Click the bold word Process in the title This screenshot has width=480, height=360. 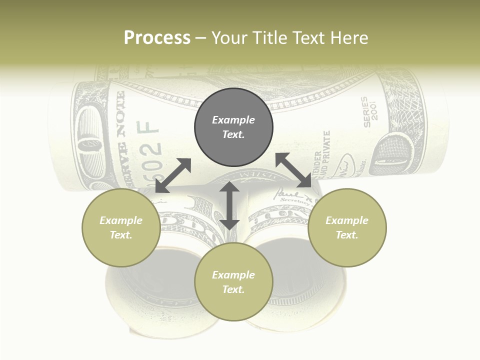[157, 38]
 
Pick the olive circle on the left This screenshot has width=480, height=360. [121, 227]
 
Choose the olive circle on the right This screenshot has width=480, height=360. [347, 227]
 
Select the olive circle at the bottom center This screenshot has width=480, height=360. [233, 282]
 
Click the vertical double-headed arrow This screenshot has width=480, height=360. [229, 205]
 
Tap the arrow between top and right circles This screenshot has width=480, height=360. [293, 170]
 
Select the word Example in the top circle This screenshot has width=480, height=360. [233, 120]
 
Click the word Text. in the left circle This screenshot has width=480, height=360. [121, 235]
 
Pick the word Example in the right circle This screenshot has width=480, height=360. [347, 220]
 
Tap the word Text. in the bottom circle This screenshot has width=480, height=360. [233, 289]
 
